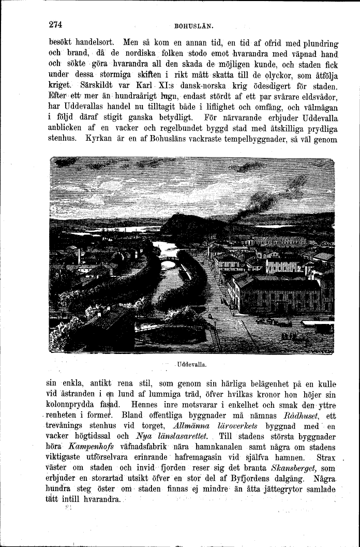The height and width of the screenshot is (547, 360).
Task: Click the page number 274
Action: pyautogui.click(x=55, y=24)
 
